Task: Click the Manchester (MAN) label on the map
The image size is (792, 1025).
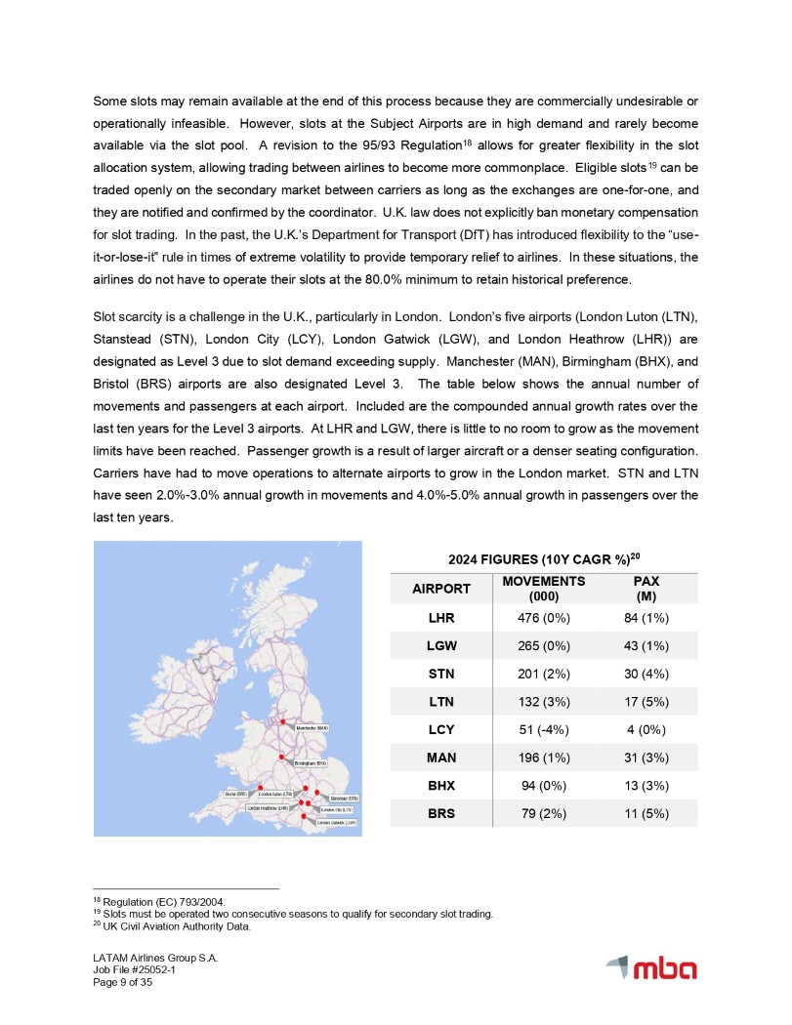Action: (x=313, y=727)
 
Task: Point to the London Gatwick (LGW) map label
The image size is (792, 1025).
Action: (x=338, y=823)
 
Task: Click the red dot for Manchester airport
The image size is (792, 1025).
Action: (x=284, y=722)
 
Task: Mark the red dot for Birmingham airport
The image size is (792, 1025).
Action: (x=281, y=757)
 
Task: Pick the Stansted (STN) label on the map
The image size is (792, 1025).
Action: (x=339, y=798)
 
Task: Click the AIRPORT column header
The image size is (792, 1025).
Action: (x=441, y=589)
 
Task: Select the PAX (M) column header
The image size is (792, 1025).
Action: (x=645, y=589)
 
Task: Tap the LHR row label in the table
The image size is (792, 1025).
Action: (x=441, y=618)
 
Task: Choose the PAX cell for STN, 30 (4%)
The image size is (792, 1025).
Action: (x=645, y=673)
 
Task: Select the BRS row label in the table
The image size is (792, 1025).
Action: (x=441, y=811)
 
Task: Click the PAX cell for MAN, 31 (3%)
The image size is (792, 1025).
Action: (x=645, y=756)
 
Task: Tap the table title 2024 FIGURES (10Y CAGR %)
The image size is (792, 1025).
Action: (x=542, y=559)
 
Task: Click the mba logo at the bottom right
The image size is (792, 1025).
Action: (x=651, y=968)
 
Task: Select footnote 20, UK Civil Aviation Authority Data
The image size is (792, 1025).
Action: (x=172, y=926)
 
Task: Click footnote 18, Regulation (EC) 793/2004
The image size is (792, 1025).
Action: (x=146, y=902)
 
